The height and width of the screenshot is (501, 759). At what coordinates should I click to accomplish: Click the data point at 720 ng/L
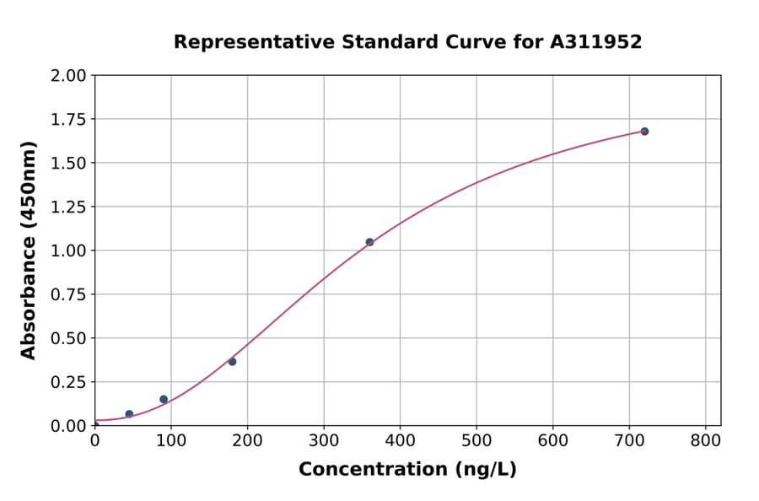644,132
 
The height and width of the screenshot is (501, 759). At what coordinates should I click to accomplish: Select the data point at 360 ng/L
369,242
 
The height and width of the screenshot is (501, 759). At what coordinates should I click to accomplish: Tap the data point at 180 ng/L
232,362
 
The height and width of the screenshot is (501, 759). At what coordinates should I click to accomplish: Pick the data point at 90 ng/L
164,399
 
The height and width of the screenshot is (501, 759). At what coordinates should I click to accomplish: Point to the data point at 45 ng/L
129,414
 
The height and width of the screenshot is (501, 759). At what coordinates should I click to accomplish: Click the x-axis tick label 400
400,441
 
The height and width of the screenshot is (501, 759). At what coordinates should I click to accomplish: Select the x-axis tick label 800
705,441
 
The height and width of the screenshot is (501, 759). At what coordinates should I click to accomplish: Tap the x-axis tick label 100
171,441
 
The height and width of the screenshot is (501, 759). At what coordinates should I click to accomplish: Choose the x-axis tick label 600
552,441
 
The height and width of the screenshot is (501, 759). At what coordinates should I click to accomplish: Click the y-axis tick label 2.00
68,76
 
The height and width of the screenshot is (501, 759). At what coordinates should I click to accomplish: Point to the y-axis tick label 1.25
68,207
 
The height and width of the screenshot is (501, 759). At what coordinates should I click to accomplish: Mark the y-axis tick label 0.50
68,338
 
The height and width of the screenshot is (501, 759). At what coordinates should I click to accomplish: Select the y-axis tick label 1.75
68,119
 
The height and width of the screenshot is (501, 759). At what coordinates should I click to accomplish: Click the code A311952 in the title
596,42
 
